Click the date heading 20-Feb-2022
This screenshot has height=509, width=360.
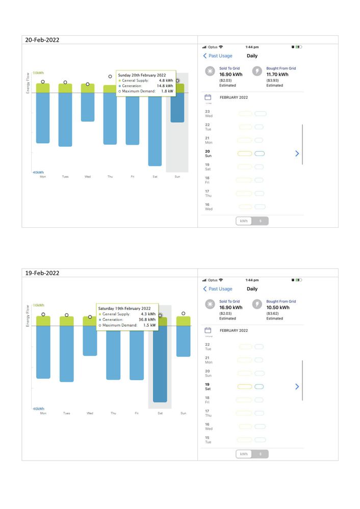tap(42, 40)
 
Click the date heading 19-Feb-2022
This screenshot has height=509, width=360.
tap(42, 273)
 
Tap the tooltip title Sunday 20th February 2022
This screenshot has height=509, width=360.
tap(142, 75)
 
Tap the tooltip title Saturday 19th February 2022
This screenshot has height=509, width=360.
tap(124, 308)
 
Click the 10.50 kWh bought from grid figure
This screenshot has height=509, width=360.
tap(277, 308)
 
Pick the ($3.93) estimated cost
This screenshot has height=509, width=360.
tap(273, 80)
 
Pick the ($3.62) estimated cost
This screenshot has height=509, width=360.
tap(273, 313)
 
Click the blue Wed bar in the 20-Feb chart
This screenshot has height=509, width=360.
tap(88, 107)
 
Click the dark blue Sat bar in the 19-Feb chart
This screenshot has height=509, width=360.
tap(160, 364)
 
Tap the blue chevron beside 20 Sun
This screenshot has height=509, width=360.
tap(297, 153)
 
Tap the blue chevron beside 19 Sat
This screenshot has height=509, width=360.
tap(297, 387)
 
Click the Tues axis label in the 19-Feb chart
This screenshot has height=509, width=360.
tap(66, 413)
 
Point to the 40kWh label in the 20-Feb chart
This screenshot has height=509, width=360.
tap(38, 172)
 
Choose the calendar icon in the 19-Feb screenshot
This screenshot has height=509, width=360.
tap(208, 330)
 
